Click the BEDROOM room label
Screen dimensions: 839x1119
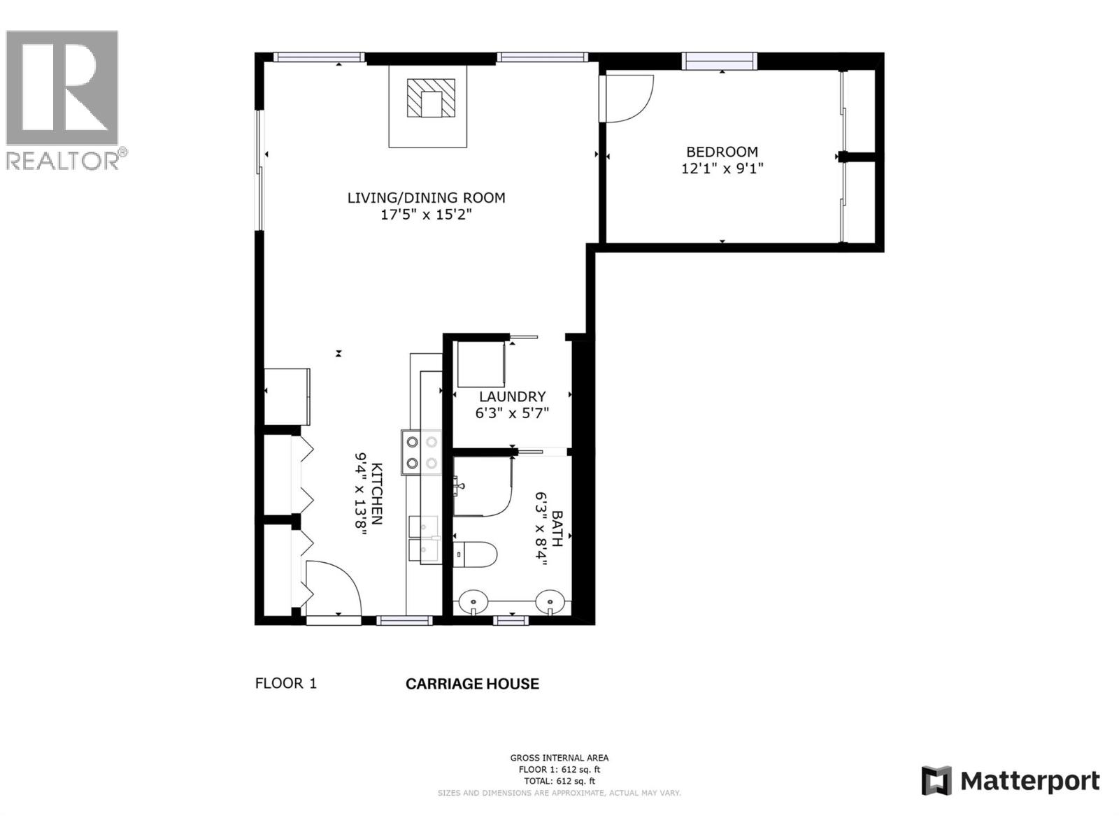pos(722,152)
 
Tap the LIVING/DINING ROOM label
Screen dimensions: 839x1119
pos(426,198)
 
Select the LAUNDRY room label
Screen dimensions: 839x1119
pos(512,396)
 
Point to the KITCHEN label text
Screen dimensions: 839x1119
pos(377,494)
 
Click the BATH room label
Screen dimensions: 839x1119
pos(557,528)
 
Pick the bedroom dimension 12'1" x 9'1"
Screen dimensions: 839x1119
pos(722,168)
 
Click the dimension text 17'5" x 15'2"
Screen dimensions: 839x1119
pos(426,215)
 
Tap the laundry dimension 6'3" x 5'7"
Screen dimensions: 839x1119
pos(512,413)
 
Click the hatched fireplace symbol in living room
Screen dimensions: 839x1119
pos(431,98)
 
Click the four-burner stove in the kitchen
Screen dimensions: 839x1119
pos(422,452)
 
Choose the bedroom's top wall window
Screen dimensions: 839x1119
pos(720,62)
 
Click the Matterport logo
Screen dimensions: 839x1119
pos(1010,780)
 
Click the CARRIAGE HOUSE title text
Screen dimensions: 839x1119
pos(472,684)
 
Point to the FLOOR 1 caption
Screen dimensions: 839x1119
pos(286,683)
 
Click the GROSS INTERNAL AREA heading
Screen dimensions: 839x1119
pos(559,758)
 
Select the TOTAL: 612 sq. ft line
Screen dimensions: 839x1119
pos(559,781)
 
